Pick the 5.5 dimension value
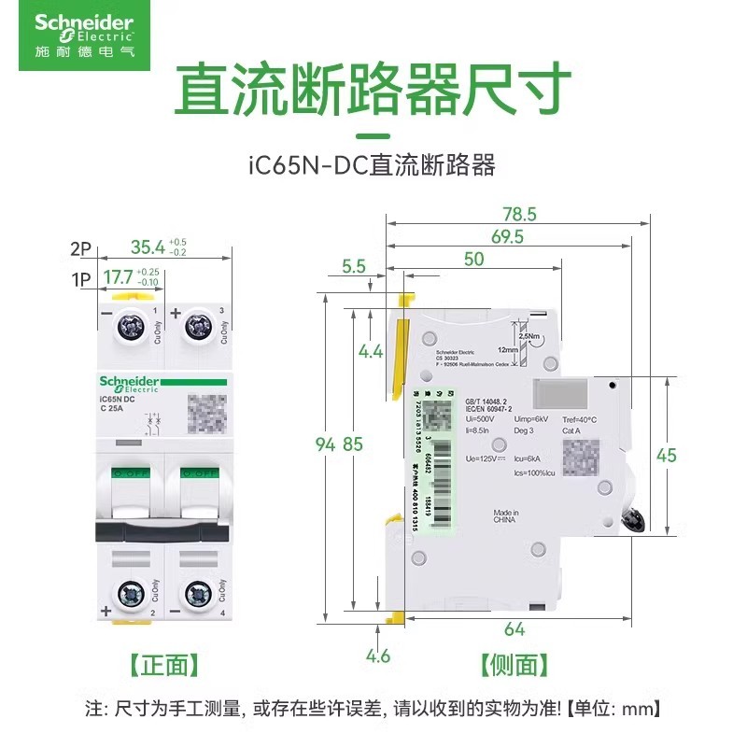354,266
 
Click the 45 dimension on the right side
692,456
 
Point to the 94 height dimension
324,444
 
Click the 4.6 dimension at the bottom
378,655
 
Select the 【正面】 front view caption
162,665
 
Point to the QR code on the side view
581,455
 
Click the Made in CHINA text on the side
506,518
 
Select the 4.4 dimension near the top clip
370,352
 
